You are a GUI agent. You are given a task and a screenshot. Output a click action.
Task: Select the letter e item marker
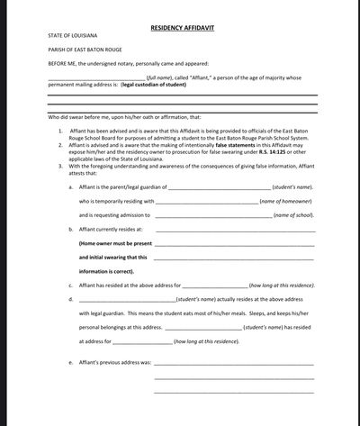click(70, 362)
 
